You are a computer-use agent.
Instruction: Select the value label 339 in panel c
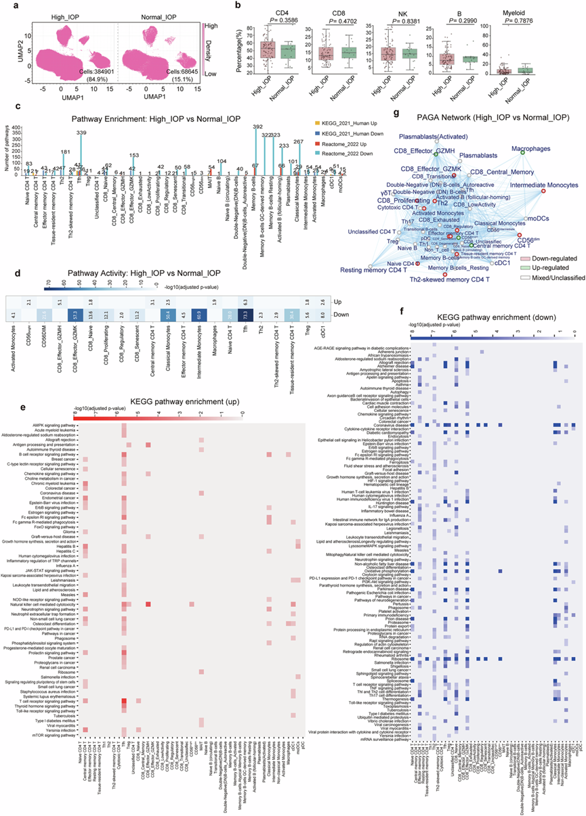click(82, 133)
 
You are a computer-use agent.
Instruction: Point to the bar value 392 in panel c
click(257, 127)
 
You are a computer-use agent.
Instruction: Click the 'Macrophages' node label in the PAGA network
click(544, 148)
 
